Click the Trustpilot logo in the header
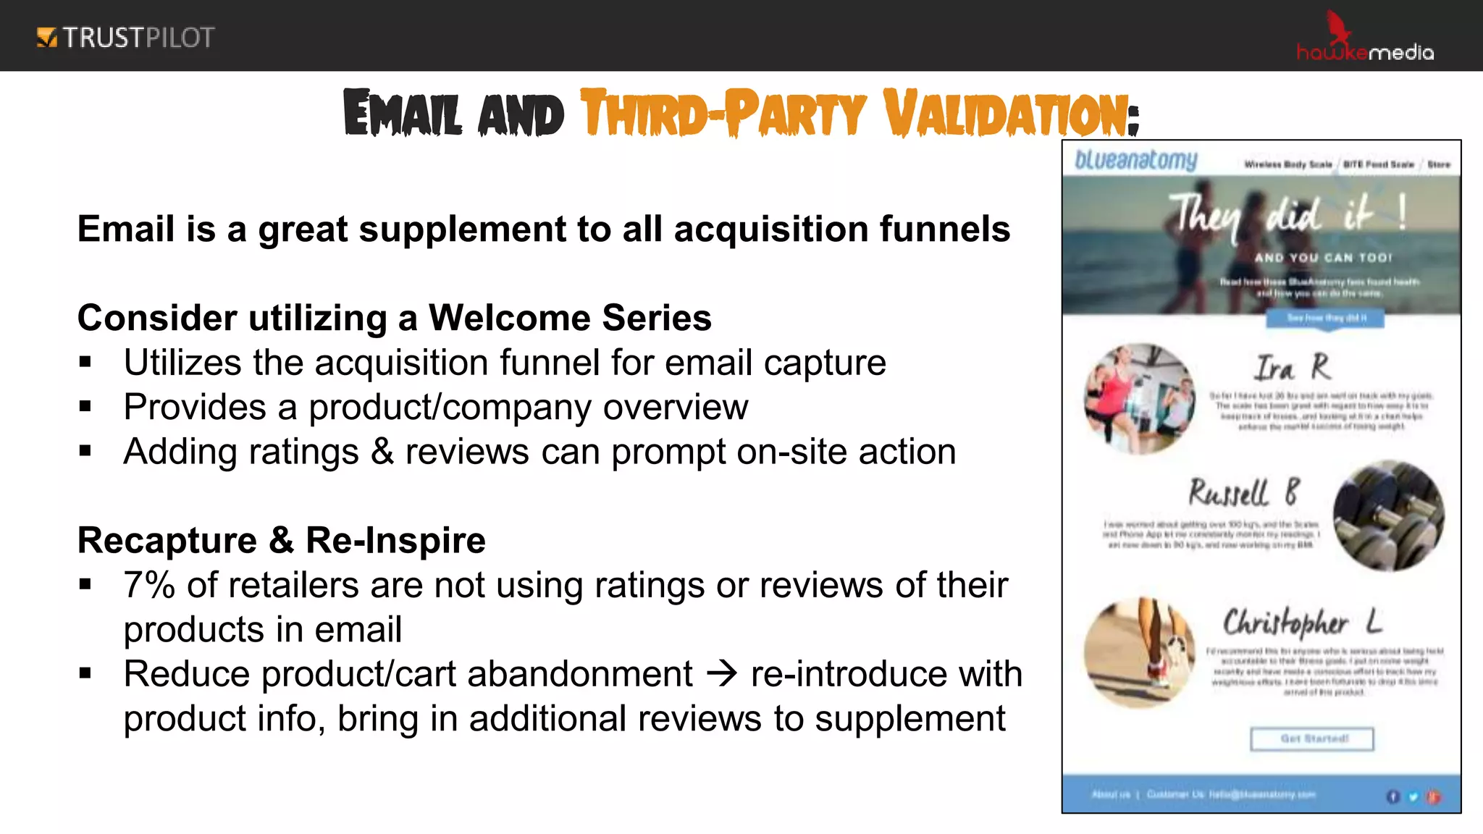click(125, 38)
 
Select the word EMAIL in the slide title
click(403, 114)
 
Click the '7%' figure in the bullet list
click(149, 585)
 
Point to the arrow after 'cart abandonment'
click(721, 674)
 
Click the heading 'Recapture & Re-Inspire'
click(281, 541)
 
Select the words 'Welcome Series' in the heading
click(570, 319)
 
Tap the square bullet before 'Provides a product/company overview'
click(85, 407)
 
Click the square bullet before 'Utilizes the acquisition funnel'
click(85, 362)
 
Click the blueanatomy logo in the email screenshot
click(1135, 160)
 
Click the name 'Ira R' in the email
click(1292, 368)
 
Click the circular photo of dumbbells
click(1388, 515)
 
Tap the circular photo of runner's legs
click(1139, 652)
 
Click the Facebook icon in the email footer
click(1392, 796)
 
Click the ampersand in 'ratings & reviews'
click(382, 452)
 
